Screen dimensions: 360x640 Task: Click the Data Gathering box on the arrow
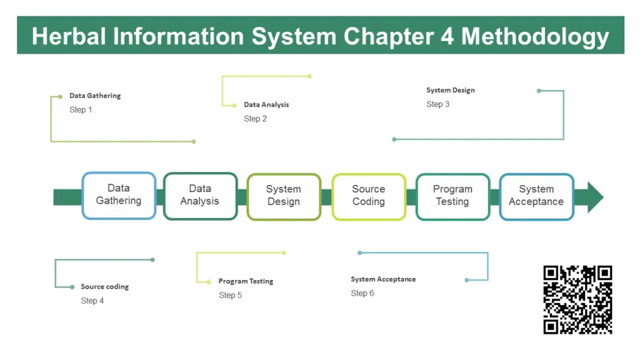[x=119, y=195]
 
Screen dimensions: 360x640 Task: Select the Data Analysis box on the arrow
[x=200, y=196]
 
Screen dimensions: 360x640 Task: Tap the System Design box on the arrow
[x=284, y=196]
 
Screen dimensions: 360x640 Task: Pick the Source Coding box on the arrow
[x=369, y=196]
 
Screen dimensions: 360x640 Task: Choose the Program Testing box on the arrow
[x=452, y=196]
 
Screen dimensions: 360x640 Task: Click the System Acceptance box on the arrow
[x=536, y=196]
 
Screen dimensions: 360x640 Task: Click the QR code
[x=577, y=300]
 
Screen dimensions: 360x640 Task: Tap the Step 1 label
[x=81, y=110]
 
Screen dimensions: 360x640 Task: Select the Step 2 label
[x=255, y=119]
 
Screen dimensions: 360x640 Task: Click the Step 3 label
[x=437, y=104]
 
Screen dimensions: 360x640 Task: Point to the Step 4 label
[x=92, y=301]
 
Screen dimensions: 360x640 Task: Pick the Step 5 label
[x=230, y=295]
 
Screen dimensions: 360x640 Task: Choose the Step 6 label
[x=362, y=293]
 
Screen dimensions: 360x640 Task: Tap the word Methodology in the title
[x=535, y=36]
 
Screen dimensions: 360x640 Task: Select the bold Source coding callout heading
[x=104, y=287]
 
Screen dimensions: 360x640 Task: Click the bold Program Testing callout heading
[x=246, y=281]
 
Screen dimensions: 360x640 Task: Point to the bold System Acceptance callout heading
[x=382, y=279]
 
